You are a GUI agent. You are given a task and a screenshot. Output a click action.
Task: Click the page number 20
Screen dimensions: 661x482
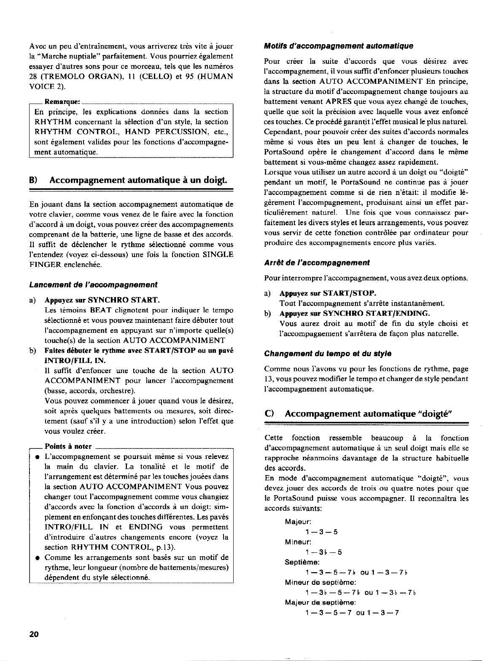[34, 635]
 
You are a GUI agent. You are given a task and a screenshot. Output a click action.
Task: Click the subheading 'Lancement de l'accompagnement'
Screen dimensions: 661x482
[93, 285]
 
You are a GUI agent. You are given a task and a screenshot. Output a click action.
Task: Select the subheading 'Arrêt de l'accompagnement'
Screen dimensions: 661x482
[317, 263]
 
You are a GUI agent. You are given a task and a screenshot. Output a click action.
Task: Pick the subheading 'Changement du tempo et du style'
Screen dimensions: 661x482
[328, 353]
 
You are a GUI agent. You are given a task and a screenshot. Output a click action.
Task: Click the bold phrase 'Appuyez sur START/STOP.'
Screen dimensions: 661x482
[328, 293]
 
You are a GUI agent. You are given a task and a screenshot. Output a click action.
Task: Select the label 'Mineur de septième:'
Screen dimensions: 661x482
[321, 582]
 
